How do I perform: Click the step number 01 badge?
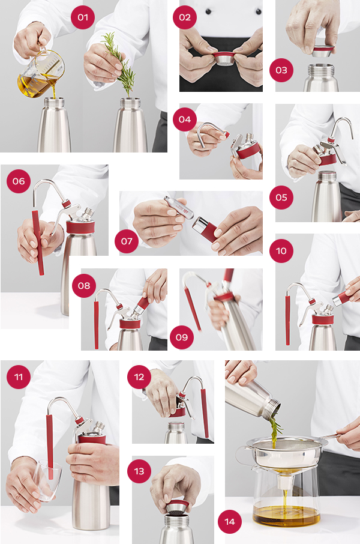(x=83, y=17)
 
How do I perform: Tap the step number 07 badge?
(x=127, y=241)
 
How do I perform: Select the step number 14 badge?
(x=230, y=521)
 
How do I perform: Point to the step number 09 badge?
(x=182, y=337)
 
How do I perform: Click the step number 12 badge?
(x=139, y=376)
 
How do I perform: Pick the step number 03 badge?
(x=281, y=70)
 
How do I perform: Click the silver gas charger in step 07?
(x=178, y=207)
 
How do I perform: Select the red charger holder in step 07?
(x=206, y=229)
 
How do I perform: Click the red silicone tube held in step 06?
(x=38, y=243)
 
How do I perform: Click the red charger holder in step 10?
(x=343, y=297)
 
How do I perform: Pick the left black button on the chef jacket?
(x=208, y=11)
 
